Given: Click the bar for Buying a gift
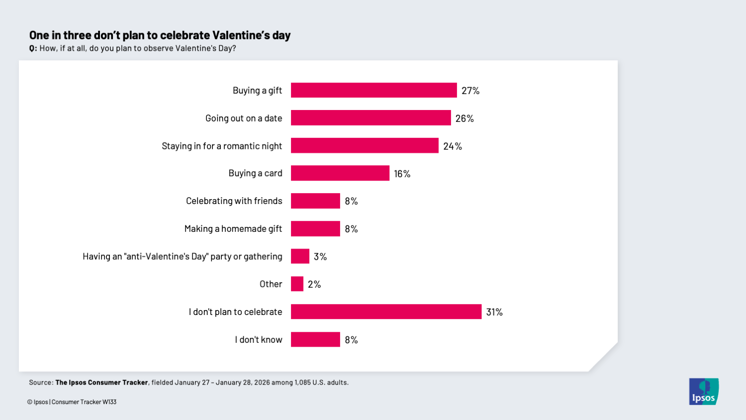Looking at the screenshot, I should click(x=373, y=90).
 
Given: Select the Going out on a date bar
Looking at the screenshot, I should click(x=371, y=118).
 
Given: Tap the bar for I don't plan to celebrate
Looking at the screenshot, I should click(x=386, y=312).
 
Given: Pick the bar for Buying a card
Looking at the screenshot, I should click(x=340, y=173).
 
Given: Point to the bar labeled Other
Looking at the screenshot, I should click(x=297, y=284).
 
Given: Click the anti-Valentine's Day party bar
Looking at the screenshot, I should click(x=300, y=256).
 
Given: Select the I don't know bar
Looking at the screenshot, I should click(x=315, y=339).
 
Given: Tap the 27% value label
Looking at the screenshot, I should click(x=470, y=91).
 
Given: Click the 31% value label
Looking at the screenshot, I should click(x=494, y=312).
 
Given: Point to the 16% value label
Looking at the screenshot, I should click(x=402, y=174).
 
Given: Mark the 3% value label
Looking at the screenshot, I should click(x=320, y=257).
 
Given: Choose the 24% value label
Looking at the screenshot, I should click(x=453, y=146).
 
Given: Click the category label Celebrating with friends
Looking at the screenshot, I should click(x=234, y=201).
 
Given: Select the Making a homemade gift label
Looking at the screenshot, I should click(x=233, y=229).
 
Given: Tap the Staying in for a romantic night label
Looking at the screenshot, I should click(x=221, y=146).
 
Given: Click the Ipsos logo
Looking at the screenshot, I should click(x=704, y=392).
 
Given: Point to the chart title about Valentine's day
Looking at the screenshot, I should click(x=160, y=35).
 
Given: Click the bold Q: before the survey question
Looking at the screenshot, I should click(x=33, y=48).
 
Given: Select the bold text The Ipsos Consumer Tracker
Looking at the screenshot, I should click(x=101, y=383).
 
